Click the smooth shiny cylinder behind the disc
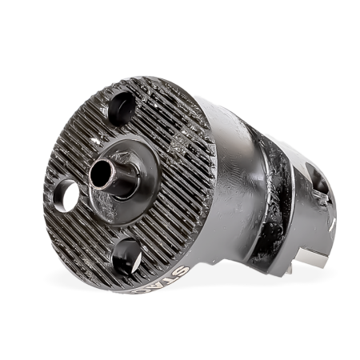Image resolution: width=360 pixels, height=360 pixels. point(232,144)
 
